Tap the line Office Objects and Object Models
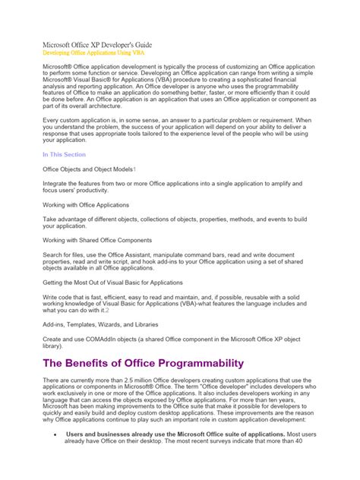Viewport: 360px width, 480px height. [x=87, y=169]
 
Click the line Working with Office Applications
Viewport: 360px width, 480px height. [x=86, y=205]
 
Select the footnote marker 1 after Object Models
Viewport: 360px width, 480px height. [x=134, y=169]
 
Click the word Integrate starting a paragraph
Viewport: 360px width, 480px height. [x=58, y=184]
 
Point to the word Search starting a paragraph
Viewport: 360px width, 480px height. [x=55, y=254]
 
